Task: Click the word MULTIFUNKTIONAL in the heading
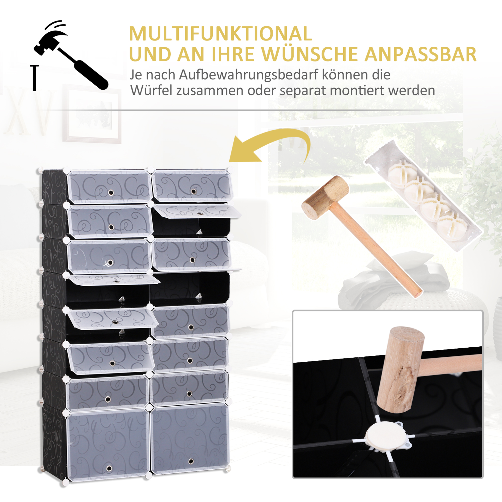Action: (220, 34)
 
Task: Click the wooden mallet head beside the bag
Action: (325, 197)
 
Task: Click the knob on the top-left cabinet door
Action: (111, 193)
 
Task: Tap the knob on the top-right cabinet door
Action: (194, 192)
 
